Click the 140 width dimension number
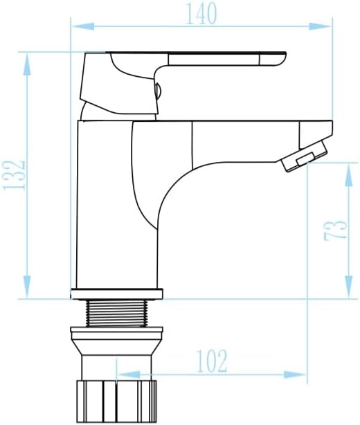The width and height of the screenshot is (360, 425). [x=201, y=14]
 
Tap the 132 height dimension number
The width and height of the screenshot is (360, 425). [x=14, y=175]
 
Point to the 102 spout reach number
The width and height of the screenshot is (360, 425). [x=211, y=361]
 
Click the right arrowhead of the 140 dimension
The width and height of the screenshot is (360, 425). [x=321, y=26]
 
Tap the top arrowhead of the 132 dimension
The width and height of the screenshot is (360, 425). [x=27, y=64]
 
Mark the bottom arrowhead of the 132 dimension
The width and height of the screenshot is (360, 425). [x=27, y=287]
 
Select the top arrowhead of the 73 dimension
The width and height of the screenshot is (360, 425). [x=349, y=174]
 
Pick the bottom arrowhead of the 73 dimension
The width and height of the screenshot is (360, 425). [x=349, y=287]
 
